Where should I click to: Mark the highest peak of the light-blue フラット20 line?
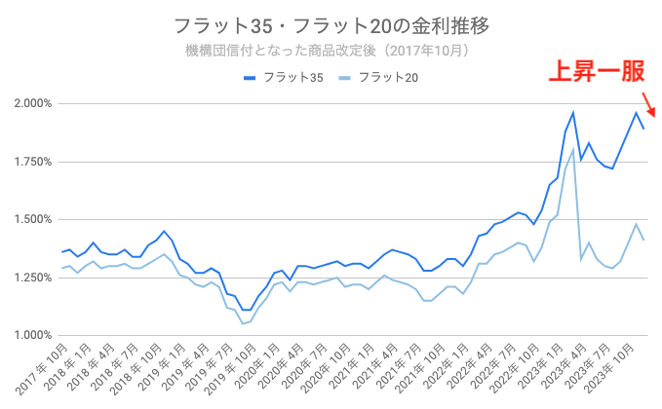(x=572, y=150)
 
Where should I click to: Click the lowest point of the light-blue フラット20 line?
(x=242, y=323)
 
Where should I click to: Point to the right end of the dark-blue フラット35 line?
(x=643, y=129)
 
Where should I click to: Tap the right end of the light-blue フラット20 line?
(x=643, y=241)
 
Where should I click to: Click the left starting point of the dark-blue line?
(x=61, y=252)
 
